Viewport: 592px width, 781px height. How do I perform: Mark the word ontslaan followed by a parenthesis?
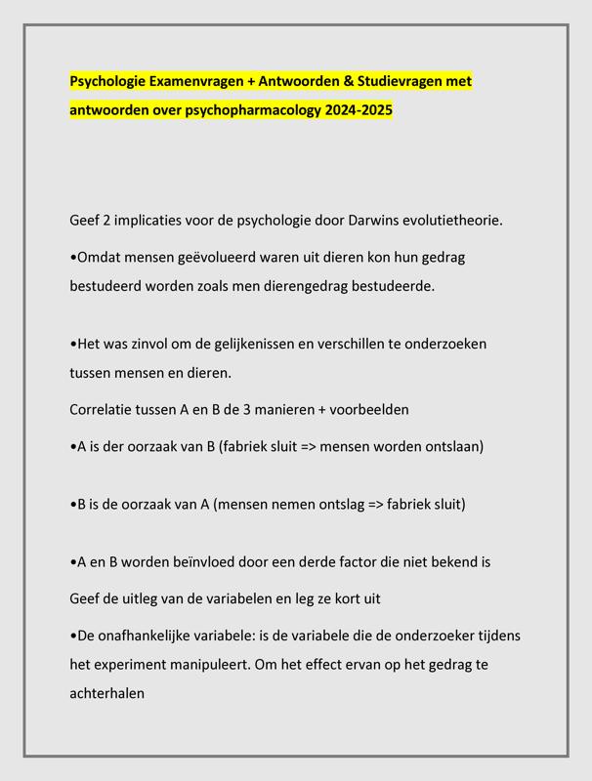(x=451, y=446)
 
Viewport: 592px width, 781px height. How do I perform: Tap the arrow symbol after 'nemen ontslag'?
(x=376, y=504)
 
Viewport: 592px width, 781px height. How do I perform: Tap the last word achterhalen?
(x=107, y=693)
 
